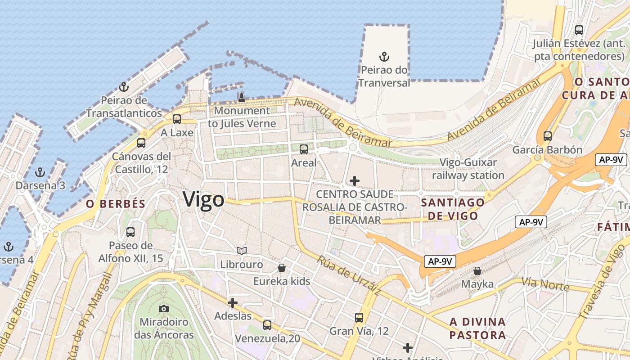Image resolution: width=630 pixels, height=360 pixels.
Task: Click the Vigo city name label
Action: [203, 199]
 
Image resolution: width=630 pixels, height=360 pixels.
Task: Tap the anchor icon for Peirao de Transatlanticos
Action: [124, 87]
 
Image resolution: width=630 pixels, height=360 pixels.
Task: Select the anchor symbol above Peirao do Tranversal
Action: [384, 57]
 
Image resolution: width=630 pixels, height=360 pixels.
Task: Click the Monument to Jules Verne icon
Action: [242, 97]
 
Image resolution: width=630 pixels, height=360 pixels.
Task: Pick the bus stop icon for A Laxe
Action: [177, 119]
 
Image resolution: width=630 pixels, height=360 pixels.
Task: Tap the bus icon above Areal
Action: [304, 149]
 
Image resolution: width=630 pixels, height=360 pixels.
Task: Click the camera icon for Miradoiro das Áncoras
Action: [164, 309]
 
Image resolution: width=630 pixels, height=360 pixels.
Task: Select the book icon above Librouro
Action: [242, 251]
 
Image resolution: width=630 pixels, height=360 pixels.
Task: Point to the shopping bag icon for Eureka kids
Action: [282, 268]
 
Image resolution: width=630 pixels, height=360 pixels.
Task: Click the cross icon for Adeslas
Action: [233, 303]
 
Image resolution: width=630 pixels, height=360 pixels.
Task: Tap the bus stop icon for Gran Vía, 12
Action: [359, 318]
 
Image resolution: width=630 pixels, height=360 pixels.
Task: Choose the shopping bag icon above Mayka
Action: [477, 271]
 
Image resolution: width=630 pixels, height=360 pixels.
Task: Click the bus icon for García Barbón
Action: [547, 136]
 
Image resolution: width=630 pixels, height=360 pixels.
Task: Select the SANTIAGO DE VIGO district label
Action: [453, 209]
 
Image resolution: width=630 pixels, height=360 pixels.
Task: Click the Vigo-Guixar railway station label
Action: [468, 169]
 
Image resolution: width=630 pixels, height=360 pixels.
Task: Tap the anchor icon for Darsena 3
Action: [40, 172]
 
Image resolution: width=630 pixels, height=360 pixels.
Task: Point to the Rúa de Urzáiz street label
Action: [349, 276]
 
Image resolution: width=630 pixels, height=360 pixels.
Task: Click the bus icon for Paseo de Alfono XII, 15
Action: [130, 232]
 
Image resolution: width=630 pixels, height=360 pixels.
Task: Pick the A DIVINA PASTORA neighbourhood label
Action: [477, 328]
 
